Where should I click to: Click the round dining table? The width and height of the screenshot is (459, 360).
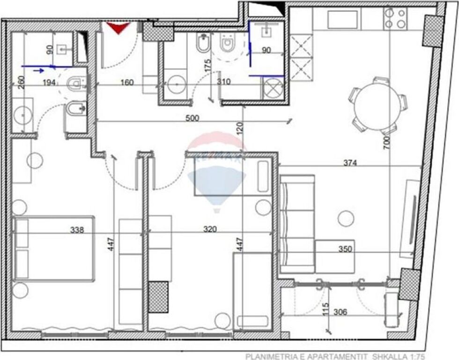[x=378, y=106]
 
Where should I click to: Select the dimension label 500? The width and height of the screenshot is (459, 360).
[x=192, y=118]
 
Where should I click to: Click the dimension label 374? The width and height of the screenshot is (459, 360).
[x=350, y=163]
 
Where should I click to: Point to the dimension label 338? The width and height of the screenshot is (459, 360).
[x=77, y=230]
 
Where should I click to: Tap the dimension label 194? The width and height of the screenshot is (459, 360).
[x=50, y=82]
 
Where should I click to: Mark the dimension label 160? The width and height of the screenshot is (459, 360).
[x=127, y=82]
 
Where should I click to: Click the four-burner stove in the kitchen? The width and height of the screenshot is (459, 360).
[x=395, y=19]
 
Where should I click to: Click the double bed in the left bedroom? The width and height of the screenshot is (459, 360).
[x=54, y=248]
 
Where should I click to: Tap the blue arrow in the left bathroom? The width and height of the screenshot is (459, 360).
[x=39, y=70]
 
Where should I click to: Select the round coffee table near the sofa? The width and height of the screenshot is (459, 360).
[x=346, y=218]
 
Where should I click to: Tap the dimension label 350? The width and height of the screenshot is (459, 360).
[x=346, y=249]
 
